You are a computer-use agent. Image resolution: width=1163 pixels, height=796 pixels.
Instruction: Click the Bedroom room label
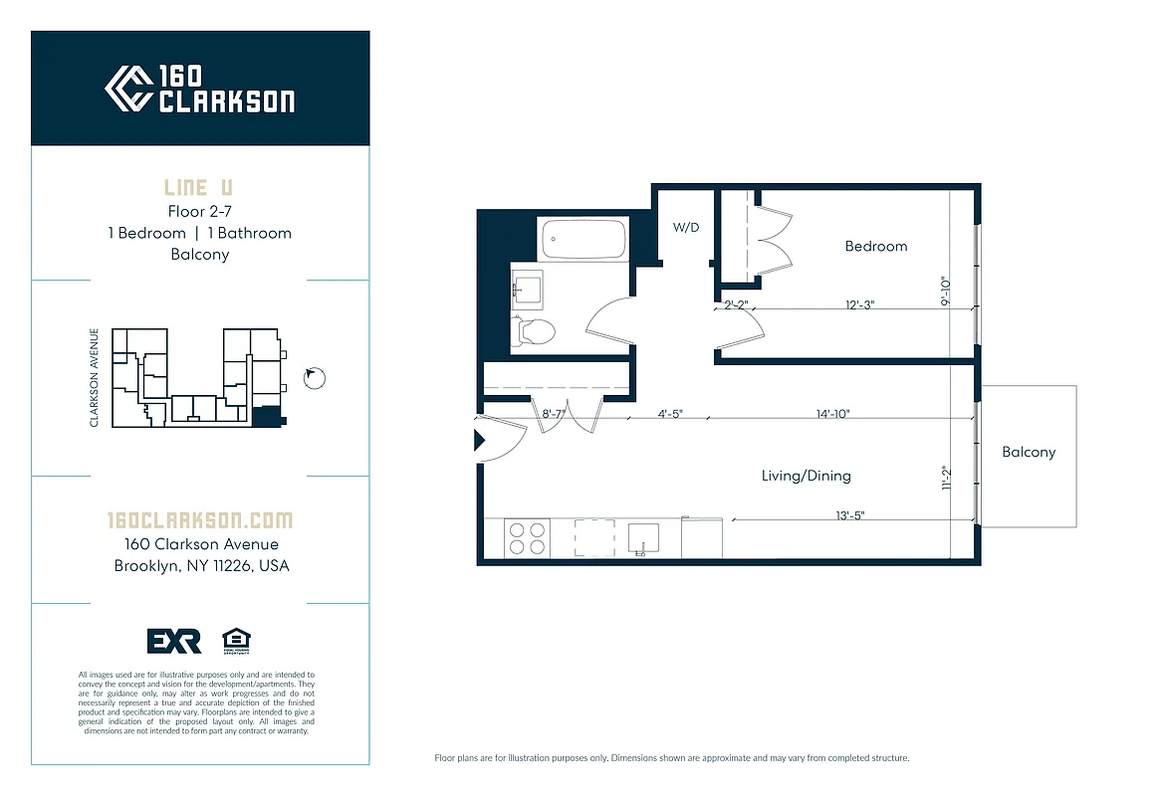coord(875,246)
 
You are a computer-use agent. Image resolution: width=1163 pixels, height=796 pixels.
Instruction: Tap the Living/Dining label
coord(806,476)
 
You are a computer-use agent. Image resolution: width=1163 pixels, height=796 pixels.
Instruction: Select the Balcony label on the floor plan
coord(1028,452)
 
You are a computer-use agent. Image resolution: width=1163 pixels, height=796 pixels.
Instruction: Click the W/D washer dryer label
coord(686,227)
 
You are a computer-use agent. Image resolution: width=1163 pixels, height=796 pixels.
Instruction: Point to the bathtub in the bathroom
coord(582,239)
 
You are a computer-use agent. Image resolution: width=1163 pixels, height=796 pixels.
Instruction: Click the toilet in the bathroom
coord(535,331)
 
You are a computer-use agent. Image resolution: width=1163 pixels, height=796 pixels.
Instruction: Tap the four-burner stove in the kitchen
coord(527,538)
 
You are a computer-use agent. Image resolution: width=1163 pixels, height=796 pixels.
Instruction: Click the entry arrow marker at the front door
coord(479,439)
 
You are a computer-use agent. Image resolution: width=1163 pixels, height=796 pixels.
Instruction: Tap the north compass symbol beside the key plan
coord(315,377)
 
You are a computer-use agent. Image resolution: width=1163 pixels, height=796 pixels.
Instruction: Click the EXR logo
coord(174,642)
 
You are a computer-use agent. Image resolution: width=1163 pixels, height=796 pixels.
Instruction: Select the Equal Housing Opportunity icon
coord(236,641)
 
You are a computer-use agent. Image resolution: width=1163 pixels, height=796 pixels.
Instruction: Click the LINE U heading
coord(199,187)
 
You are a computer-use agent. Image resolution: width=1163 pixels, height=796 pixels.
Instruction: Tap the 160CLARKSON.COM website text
coord(200,520)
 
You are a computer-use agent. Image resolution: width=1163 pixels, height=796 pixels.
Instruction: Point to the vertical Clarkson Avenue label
coord(95,378)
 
